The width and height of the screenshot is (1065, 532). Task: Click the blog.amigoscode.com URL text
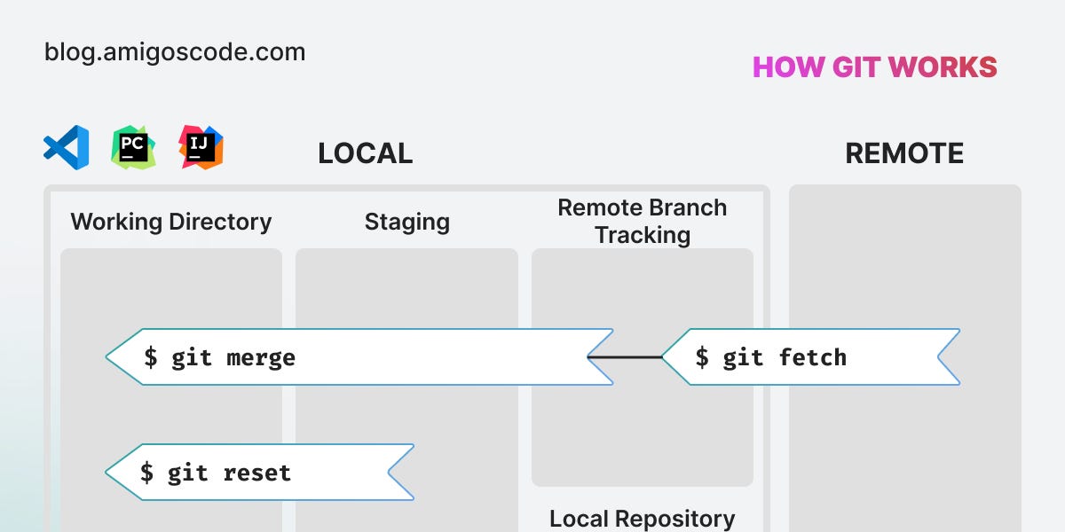point(175,52)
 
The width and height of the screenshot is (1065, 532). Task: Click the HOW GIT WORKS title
point(874,67)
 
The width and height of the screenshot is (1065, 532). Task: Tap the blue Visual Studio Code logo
point(67,147)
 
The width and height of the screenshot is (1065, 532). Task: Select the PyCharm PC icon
point(133,147)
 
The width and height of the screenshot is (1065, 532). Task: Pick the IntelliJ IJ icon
point(201,147)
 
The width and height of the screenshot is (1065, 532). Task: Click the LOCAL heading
point(365,153)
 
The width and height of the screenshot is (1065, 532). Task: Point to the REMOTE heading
point(903,153)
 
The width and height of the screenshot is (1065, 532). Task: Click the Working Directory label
point(171,222)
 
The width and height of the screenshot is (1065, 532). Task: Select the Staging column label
point(406,222)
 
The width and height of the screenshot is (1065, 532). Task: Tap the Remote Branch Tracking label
point(642,222)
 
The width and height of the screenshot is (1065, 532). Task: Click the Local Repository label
point(642,519)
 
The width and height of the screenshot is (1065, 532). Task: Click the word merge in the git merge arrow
point(261,358)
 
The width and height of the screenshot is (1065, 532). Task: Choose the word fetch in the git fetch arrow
point(813,358)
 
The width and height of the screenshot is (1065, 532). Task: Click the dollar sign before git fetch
point(702,358)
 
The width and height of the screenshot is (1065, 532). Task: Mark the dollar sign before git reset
point(148,473)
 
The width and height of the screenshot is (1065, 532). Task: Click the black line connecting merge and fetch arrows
point(625,357)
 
